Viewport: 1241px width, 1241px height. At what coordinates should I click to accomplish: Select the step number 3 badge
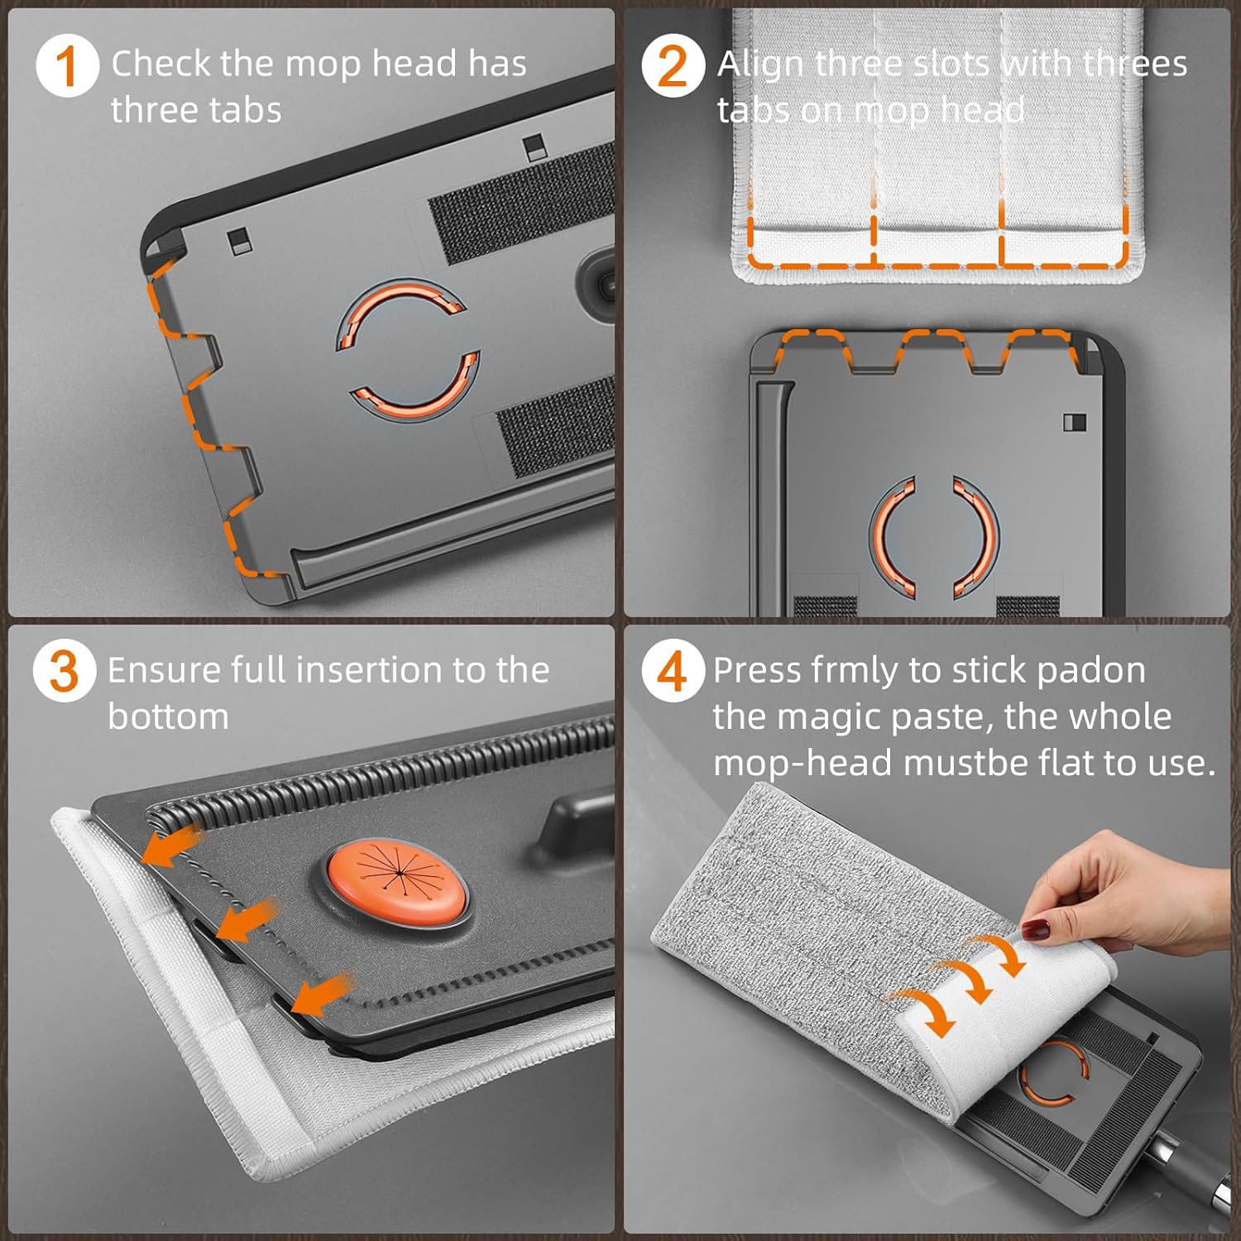point(65,671)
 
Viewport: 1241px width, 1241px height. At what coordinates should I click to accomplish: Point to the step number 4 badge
point(673,671)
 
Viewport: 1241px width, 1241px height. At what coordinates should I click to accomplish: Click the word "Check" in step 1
point(161,64)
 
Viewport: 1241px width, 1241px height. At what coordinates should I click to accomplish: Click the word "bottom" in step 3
point(168,716)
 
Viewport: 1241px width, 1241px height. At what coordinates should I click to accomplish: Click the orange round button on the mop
point(397,884)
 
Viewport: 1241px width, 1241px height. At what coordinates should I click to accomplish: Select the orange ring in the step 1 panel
point(407,347)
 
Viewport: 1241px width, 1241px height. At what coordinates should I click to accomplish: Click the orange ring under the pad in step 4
point(1052,1073)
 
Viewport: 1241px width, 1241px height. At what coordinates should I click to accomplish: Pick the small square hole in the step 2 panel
point(1074,421)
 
